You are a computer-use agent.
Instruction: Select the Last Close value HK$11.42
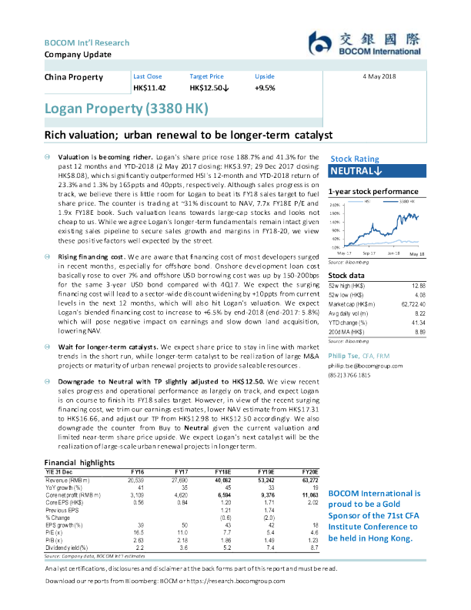point(149,89)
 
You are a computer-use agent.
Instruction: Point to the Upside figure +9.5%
point(265,89)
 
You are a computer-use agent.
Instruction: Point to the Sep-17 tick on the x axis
point(368,252)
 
